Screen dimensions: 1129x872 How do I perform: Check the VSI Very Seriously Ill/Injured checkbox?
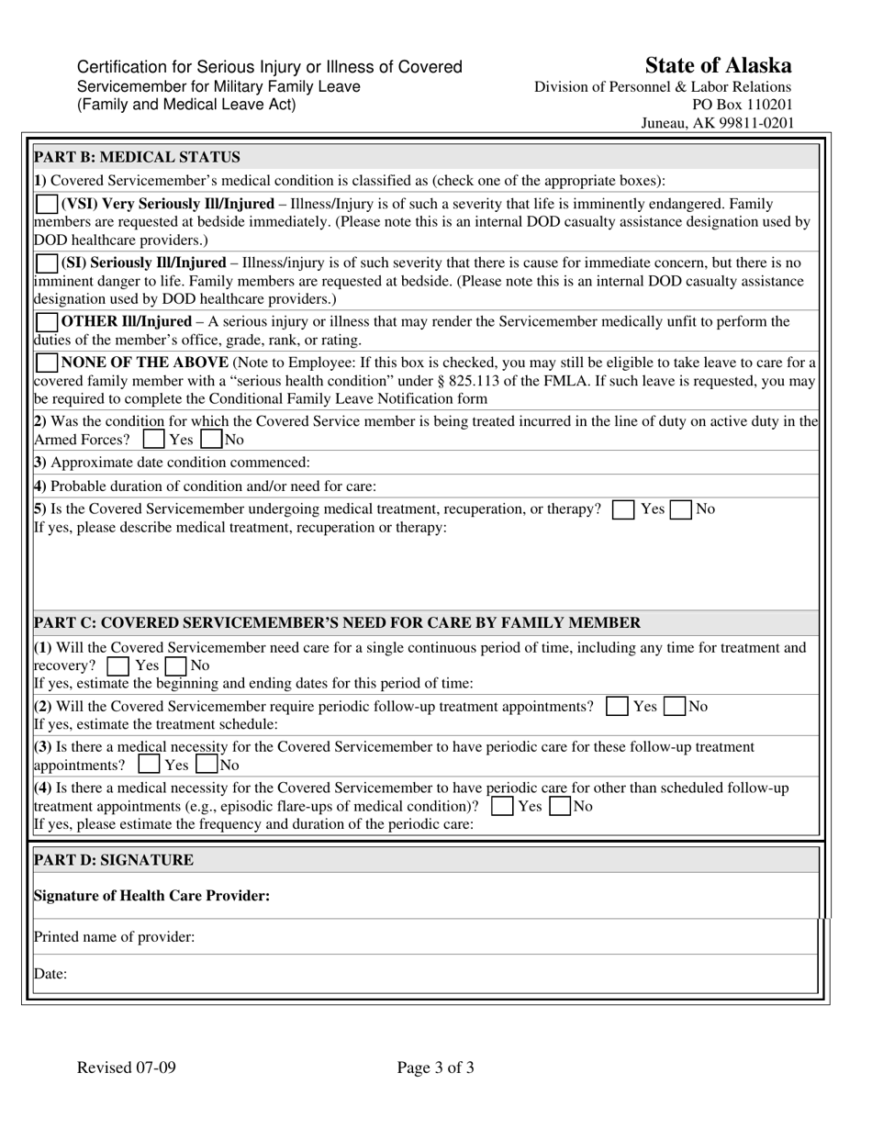coord(46,204)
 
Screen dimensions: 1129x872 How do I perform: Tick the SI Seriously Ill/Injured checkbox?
coord(46,263)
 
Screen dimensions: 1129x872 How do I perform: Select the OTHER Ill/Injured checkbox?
coord(46,322)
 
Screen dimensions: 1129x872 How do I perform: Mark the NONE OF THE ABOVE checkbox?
coord(46,363)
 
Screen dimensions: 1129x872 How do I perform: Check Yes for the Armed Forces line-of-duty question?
coord(155,440)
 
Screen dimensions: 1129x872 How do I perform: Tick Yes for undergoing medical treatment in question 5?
coord(623,509)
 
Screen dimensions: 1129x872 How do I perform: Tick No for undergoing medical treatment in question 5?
coord(680,509)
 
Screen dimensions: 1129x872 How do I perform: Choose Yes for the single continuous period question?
coord(117,665)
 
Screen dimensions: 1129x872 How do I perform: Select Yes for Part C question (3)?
coord(149,765)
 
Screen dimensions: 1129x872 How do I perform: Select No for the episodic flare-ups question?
coord(560,807)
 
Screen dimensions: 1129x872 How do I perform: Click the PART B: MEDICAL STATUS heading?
coord(137,157)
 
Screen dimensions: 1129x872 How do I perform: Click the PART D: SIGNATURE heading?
coord(114,860)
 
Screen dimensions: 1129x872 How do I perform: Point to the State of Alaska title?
coord(718,65)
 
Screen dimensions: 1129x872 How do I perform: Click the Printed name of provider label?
coord(114,937)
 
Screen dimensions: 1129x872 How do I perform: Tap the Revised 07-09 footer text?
coord(127,1068)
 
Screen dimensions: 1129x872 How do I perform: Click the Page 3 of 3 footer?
coord(436,1068)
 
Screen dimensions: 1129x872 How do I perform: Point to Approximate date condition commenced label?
coord(172,462)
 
